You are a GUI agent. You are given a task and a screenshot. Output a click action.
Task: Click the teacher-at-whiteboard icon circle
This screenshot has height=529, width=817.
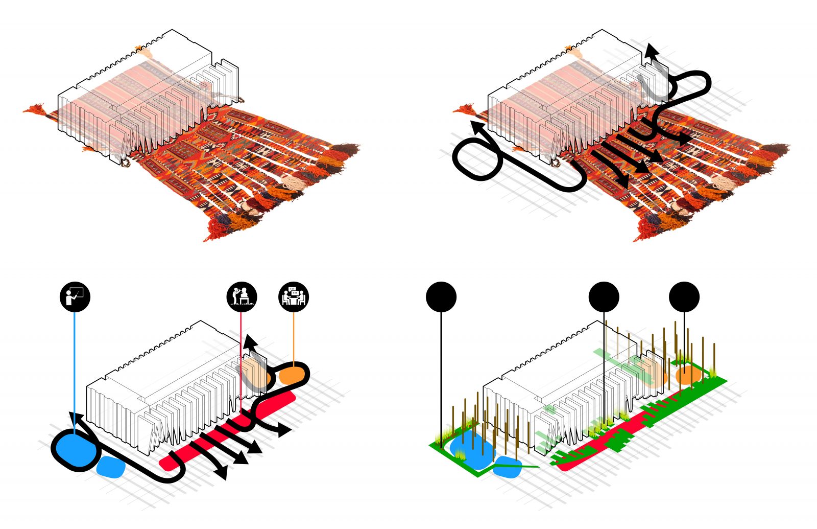point(75,296)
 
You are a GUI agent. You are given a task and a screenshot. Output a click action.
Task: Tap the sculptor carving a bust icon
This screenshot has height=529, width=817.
point(242,296)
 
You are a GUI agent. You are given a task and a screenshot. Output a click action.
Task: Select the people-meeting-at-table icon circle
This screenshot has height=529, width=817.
point(294,296)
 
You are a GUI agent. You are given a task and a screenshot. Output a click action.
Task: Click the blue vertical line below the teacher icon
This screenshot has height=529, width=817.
point(75,368)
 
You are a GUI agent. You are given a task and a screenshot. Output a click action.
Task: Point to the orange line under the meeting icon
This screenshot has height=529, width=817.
point(294,337)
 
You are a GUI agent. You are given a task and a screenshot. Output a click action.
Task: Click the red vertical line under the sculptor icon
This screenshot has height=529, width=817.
point(241,358)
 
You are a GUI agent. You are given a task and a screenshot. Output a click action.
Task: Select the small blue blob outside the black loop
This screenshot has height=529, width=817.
point(111,467)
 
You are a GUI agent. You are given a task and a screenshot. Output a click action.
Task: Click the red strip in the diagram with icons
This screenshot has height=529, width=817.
point(230,429)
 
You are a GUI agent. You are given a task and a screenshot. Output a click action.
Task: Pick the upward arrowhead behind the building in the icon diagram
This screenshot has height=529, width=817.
point(249,341)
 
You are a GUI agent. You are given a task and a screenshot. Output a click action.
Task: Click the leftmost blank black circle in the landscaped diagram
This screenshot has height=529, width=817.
point(441,296)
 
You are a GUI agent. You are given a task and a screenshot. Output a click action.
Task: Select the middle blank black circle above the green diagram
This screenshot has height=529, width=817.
point(604,296)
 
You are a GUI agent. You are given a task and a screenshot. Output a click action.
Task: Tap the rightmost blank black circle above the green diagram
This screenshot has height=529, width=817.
point(684,296)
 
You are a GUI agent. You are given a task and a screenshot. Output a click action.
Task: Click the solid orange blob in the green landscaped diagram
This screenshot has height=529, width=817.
point(687,375)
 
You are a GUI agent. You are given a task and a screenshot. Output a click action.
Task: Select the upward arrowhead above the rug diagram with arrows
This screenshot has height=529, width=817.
point(650,50)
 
